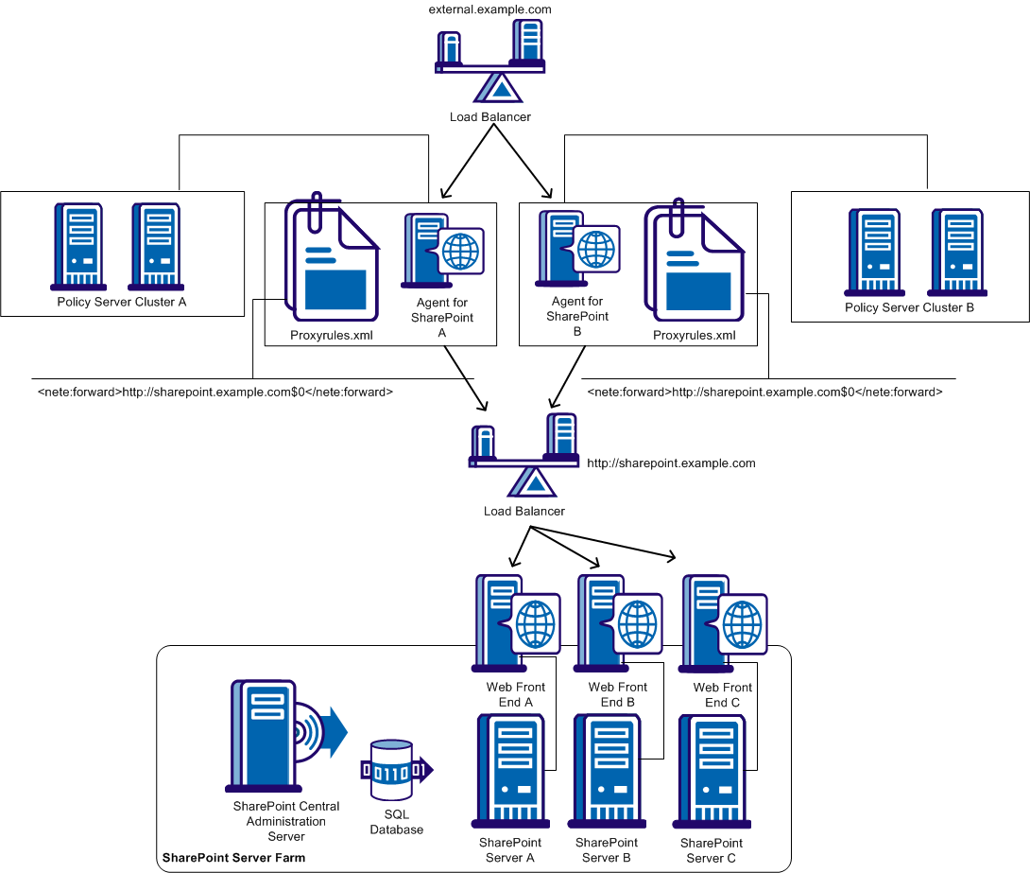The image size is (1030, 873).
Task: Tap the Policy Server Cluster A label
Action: click(x=122, y=302)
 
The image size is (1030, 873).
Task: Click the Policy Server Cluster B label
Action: click(x=909, y=307)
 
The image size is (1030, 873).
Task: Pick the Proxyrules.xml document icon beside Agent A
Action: click(x=332, y=259)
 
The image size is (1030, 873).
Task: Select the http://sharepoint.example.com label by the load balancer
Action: click(x=671, y=463)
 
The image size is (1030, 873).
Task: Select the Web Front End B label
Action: click(x=618, y=695)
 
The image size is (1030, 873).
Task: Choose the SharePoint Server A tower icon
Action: click(x=511, y=772)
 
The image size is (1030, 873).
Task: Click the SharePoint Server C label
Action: click(x=712, y=850)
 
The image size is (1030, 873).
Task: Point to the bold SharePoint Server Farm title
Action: click(x=233, y=859)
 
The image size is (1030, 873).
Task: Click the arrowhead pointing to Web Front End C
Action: click(x=672, y=556)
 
